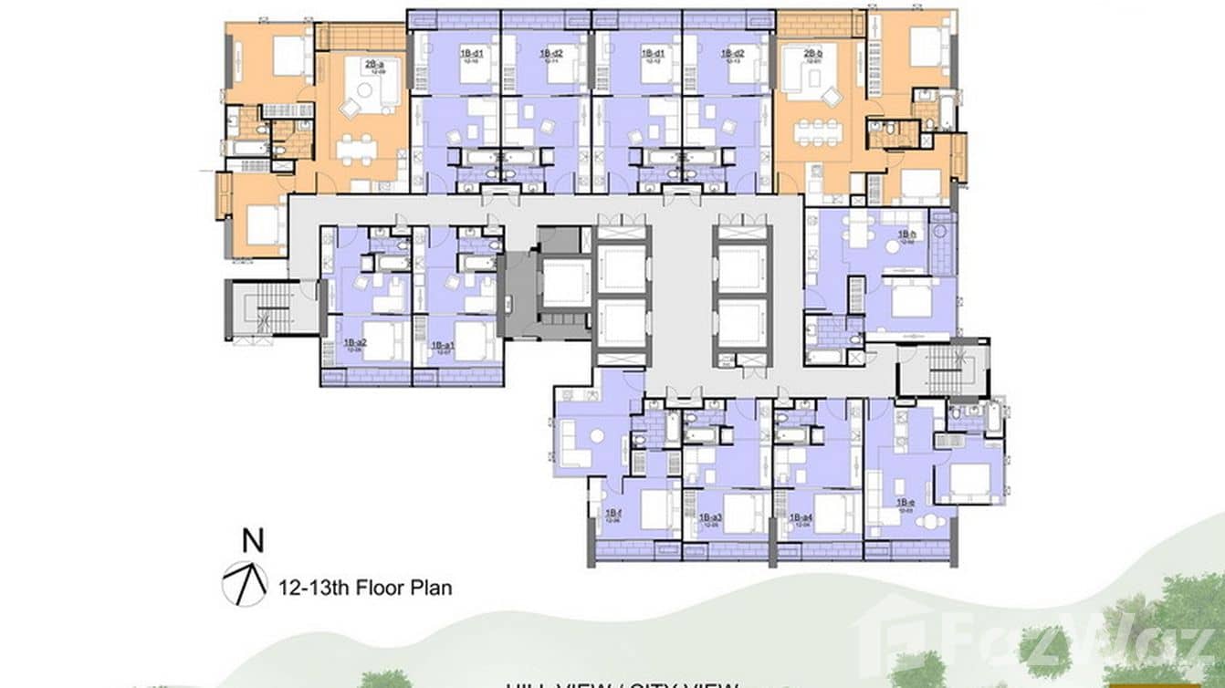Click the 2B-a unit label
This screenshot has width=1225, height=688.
click(374, 65)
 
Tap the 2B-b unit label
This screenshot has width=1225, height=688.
click(813, 54)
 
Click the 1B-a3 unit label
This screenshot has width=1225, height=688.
click(710, 517)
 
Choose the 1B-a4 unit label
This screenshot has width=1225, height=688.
click(801, 517)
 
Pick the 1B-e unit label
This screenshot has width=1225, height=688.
click(904, 503)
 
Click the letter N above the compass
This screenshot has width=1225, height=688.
click(253, 540)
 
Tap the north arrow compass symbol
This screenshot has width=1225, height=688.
click(244, 584)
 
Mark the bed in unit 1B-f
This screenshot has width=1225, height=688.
click(655, 508)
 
